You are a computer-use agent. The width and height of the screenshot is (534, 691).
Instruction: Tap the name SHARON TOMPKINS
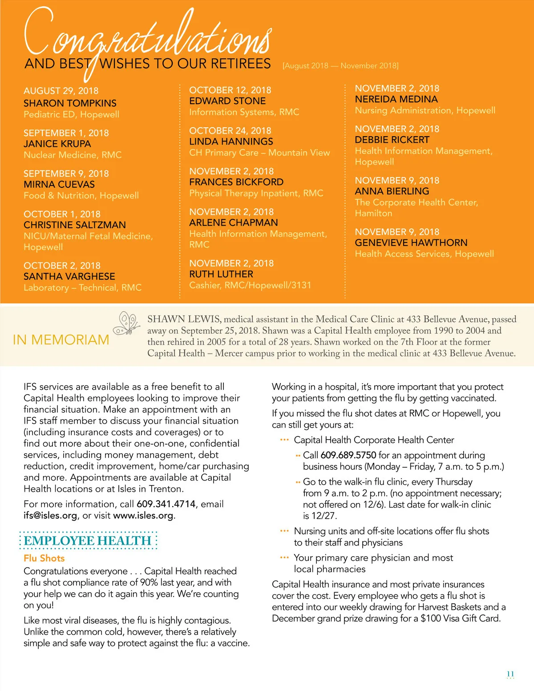[70, 103]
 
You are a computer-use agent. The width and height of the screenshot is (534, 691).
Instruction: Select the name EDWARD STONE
[227, 101]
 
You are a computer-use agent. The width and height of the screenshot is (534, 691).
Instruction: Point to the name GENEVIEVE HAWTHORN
[411, 242]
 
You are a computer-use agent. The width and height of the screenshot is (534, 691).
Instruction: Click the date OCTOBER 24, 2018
[230, 131]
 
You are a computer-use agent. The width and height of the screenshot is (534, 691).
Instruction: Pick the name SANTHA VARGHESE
[69, 276]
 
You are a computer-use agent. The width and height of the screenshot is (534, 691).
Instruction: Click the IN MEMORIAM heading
[61, 340]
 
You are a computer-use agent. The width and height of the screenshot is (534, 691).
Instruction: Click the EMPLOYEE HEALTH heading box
[88, 541]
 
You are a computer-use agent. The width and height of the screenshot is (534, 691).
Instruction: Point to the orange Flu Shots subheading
[44, 558]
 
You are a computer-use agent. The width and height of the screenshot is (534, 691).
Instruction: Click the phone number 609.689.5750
[348, 455]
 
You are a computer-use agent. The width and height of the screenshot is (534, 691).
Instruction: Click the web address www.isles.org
[143, 516]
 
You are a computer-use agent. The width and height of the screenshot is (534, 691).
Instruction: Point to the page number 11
[510, 674]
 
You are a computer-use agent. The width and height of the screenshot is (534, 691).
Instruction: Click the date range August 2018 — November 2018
[340, 66]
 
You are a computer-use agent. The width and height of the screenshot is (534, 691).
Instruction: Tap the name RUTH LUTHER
[221, 274]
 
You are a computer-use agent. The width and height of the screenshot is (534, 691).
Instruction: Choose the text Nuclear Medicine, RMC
[73, 155]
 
